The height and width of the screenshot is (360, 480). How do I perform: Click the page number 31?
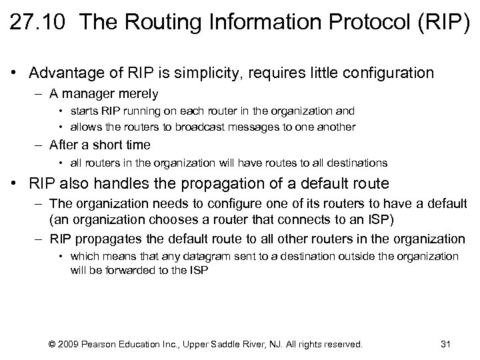point(446,344)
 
